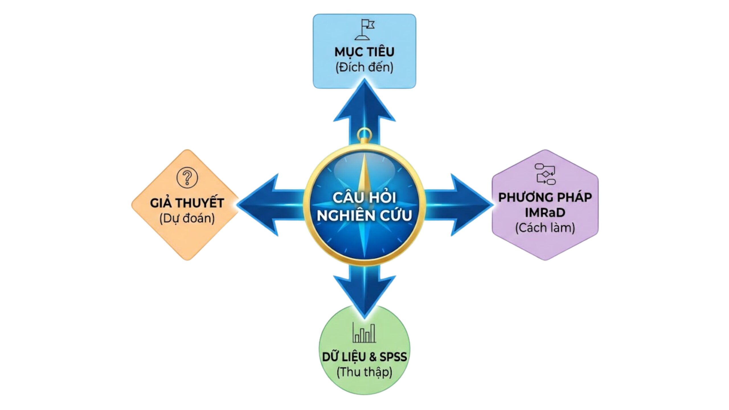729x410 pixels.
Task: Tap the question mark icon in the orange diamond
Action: (x=187, y=178)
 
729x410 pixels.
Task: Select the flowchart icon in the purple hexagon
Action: (x=545, y=174)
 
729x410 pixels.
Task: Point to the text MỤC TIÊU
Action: (x=364, y=52)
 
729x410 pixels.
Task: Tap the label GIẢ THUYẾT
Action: (x=187, y=203)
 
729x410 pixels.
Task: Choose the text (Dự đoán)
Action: (x=187, y=218)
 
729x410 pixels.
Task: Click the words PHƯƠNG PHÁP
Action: (x=545, y=197)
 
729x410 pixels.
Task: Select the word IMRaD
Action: (x=545, y=212)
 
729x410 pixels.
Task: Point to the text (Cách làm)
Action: (x=545, y=228)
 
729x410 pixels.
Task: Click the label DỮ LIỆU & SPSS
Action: (x=364, y=357)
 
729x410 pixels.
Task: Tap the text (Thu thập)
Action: (x=364, y=372)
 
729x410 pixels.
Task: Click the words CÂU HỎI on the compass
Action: (x=364, y=197)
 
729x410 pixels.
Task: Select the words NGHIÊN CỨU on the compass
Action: (x=364, y=215)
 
